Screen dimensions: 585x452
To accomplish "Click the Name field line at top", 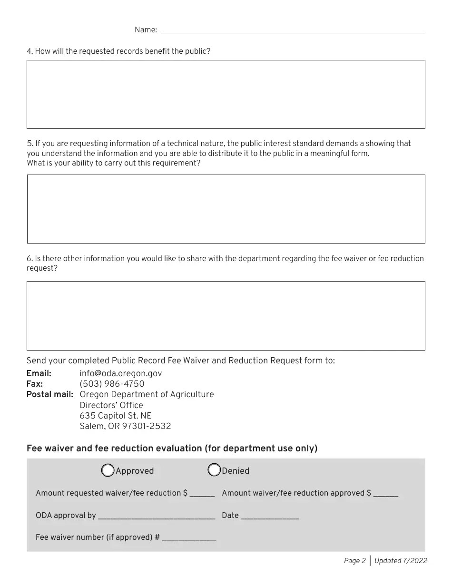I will click(x=293, y=29).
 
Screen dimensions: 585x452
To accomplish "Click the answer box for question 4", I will click(x=226, y=94).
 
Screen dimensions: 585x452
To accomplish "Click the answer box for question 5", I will click(x=226, y=209).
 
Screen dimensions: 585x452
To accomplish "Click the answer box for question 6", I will click(x=226, y=315).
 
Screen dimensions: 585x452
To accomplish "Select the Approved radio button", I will click(x=108, y=470).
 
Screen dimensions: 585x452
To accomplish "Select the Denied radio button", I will click(x=214, y=470).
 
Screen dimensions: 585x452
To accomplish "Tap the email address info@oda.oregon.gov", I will click(x=120, y=373).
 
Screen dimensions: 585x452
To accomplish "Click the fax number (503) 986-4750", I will click(x=112, y=384).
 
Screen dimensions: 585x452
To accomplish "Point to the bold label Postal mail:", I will click(x=50, y=394).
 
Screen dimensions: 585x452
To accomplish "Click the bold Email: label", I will click(x=39, y=373).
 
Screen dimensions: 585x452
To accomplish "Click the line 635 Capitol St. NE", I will click(x=116, y=416).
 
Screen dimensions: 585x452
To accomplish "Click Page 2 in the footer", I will click(x=354, y=561).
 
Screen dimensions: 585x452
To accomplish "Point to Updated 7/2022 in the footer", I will click(x=401, y=561).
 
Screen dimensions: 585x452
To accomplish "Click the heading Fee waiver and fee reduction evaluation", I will click(x=172, y=448).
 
